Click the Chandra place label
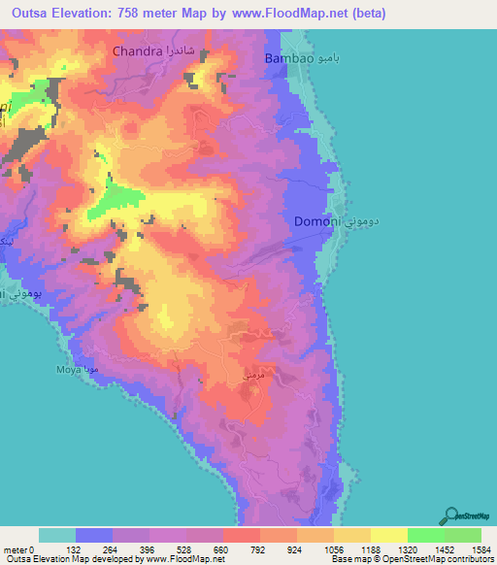tap(142, 50)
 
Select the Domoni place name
tap(316, 221)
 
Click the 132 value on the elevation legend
tap(76, 548)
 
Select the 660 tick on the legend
tap(223, 548)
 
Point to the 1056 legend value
tap(334, 548)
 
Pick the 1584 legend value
tap(481, 548)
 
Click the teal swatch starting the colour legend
tap(57, 535)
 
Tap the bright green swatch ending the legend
tap(463, 535)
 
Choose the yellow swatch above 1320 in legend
tap(389, 535)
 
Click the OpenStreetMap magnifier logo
tap(452, 515)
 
